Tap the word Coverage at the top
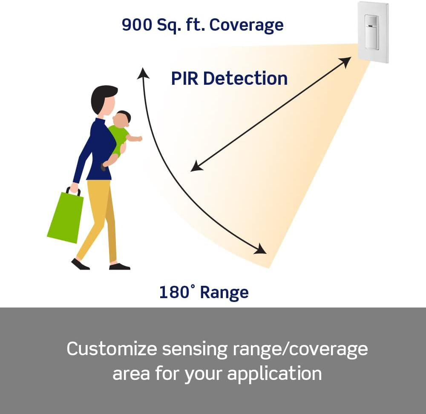pos(247,25)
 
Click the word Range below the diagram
pos(224,293)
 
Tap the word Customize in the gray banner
pos(112,349)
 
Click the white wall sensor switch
pos(373,32)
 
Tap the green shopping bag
pos(65,217)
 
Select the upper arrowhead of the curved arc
pos(143,74)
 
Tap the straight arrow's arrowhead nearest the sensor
pos(346,61)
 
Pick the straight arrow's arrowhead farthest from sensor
pos(196,167)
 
